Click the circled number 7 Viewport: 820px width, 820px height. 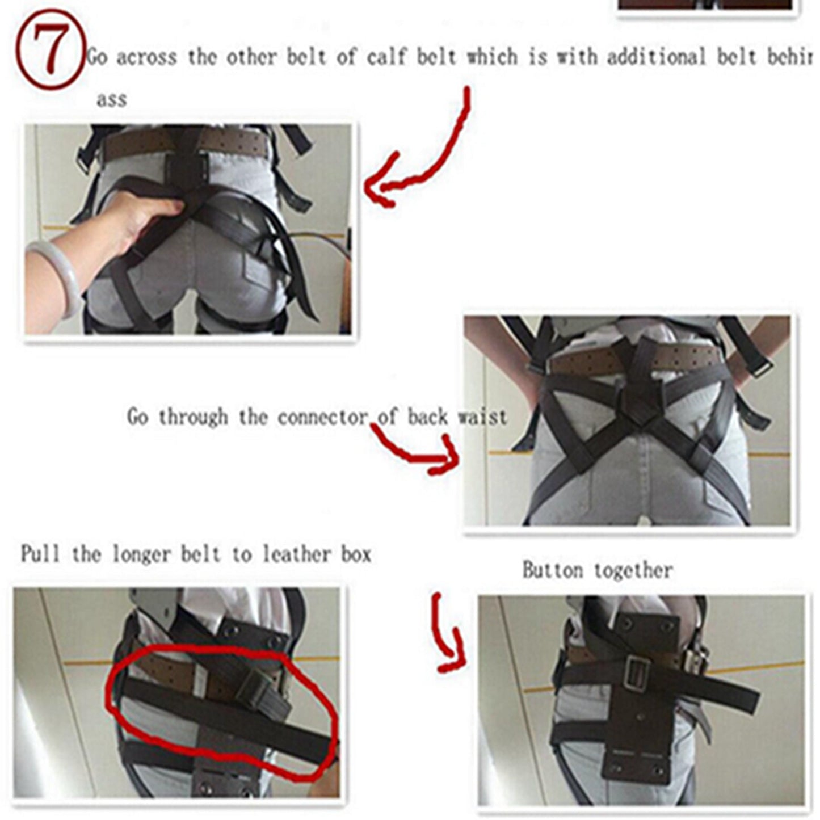tap(50, 50)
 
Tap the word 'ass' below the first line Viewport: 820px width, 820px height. tap(111, 100)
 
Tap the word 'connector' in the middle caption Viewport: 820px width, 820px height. tap(322, 418)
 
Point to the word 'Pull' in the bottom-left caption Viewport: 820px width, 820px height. tap(40, 554)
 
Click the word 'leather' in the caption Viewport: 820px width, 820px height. tap(297, 554)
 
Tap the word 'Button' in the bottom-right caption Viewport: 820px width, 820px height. tap(552, 570)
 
